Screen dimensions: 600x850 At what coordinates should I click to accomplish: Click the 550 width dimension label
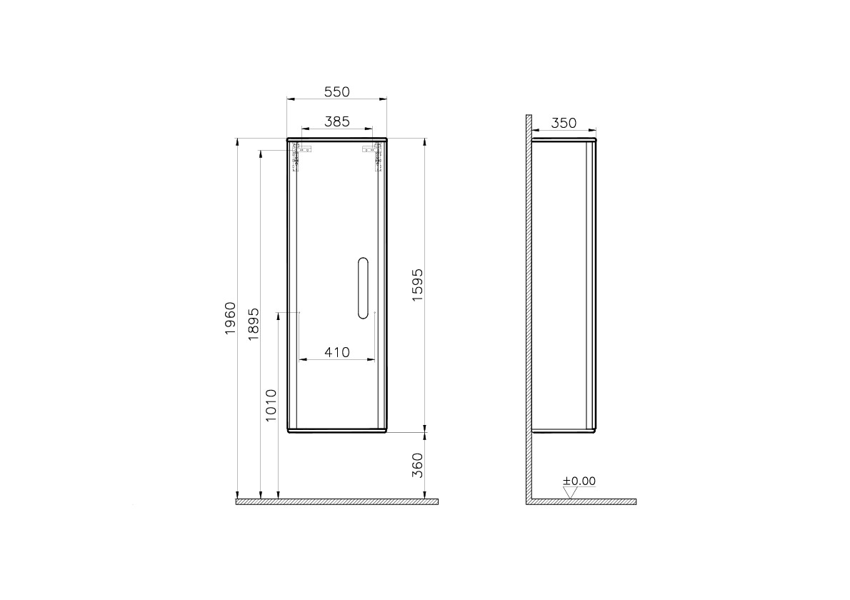point(336,91)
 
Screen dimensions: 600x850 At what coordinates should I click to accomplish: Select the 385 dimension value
point(336,122)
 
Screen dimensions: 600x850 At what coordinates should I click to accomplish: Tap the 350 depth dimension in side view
point(563,123)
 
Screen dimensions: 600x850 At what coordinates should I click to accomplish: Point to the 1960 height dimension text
point(230,319)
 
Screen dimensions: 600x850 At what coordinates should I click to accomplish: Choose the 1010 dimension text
point(271,405)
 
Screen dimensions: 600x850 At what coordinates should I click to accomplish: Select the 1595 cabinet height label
point(419,286)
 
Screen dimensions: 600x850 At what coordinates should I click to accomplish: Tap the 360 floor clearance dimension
point(419,465)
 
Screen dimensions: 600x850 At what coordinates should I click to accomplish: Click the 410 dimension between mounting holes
point(336,351)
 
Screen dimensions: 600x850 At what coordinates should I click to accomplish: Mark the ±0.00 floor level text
point(579,481)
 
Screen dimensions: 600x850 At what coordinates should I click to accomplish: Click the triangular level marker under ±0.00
point(569,492)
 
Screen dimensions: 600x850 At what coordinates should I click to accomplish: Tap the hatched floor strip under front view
point(336,501)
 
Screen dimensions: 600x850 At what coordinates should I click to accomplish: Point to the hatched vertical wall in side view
point(529,307)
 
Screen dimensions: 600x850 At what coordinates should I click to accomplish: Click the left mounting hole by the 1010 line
point(299,313)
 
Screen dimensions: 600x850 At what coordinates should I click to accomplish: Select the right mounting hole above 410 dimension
point(374,313)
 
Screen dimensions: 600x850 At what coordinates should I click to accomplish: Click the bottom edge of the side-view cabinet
point(564,431)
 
